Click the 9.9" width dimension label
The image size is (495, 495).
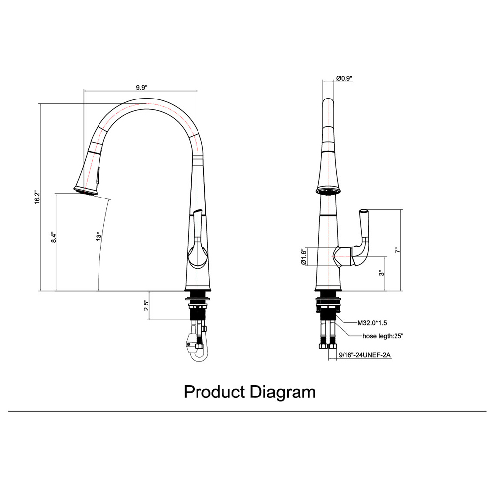click(x=141, y=87)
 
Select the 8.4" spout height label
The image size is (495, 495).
click(x=54, y=237)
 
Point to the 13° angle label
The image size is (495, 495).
click(x=99, y=237)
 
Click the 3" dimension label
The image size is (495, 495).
click(x=380, y=273)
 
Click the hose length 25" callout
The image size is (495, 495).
click(x=383, y=336)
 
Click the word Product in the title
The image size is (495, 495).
click(x=214, y=392)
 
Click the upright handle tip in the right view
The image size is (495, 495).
click(x=363, y=212)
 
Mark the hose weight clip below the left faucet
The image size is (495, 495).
click(x=190, y=343)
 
